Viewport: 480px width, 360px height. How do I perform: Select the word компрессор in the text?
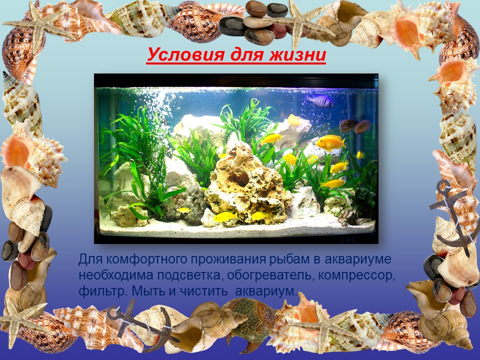coord(356,275)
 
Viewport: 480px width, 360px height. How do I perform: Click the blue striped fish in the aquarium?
coord(319,100)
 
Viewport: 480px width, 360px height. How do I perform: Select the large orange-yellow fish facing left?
coord(330,142)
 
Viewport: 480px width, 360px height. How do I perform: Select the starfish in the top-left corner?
coord(38,26)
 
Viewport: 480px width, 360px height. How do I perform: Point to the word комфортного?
coord(145,259)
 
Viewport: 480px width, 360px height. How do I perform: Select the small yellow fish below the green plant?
coord(183,210)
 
